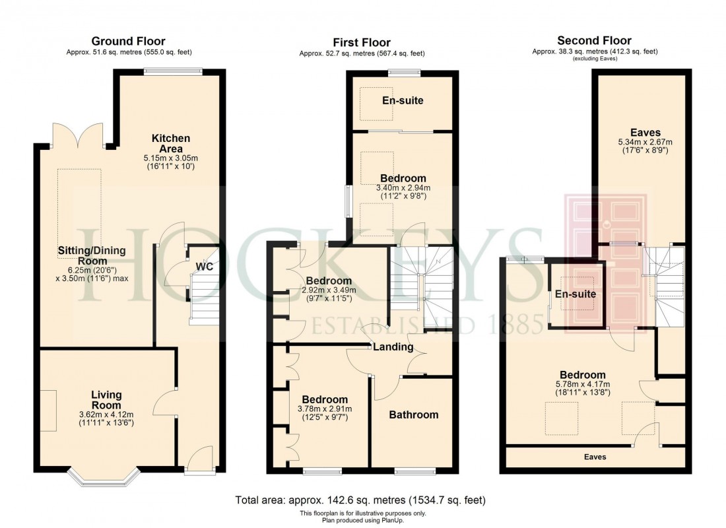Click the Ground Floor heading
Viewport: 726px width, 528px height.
(x=128, y=42)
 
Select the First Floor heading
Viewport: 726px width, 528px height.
(x=361, y=43)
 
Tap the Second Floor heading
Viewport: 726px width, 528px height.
(x=594, y=41)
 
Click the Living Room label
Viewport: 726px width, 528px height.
(x=106, y=400)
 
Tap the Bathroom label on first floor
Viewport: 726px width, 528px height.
(x=413, y=414)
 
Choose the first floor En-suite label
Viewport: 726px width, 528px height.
(x=403, y=101)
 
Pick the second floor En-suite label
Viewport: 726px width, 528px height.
(x=576, y=294)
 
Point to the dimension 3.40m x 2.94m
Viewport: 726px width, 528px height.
(x=403, y=188)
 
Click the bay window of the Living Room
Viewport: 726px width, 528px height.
(x=106, y=478)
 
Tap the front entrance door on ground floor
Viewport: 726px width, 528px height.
(x=199, y=460)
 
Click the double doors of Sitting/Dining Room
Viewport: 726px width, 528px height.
(x=79, y=137)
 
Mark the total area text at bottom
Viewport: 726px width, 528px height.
(x=361, y=500)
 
